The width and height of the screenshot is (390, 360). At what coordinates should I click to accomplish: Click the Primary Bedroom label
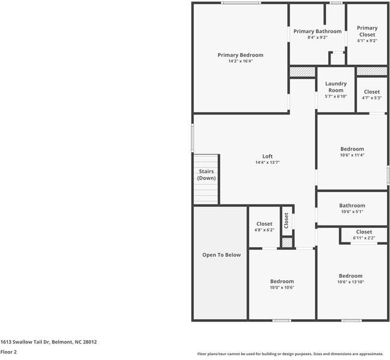[240, 55]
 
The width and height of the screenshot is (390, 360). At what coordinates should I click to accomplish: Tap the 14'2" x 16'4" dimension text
[240, 61]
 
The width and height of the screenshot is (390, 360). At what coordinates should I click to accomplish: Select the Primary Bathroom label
[317, 31]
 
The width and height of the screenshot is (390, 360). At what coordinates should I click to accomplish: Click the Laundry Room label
[335, 87]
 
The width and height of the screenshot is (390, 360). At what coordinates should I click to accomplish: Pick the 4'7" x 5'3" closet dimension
[371, 98]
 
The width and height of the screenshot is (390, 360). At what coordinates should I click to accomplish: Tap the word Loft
[268, 157]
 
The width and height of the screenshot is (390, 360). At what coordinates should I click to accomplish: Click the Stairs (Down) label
[206, 175]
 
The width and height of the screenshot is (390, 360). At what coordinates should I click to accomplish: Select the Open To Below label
[221, 255]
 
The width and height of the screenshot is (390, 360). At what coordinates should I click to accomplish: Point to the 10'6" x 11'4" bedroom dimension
[352, 155]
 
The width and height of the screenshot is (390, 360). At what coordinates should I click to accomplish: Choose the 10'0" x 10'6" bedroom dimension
[281, 287]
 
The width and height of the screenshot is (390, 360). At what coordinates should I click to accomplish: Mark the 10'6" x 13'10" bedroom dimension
[350, 282]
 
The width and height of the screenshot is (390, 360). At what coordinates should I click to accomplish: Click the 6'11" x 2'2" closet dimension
[364, 238]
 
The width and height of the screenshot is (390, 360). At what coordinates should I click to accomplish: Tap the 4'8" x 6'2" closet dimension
[264, 230]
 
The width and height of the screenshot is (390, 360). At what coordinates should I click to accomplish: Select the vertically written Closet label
[286, 220]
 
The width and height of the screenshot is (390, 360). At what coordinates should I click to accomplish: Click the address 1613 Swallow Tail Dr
[49, 342]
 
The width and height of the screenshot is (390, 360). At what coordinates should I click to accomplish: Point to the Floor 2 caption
[8, 352]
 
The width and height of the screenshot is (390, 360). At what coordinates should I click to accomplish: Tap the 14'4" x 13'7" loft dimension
[268, 163]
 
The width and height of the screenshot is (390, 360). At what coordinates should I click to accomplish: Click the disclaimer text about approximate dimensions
[290, 354]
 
